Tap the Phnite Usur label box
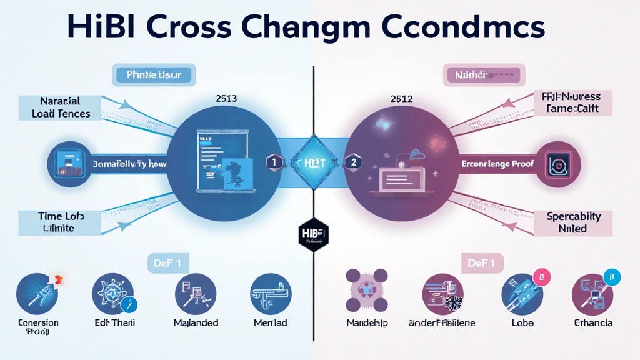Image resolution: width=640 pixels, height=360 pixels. click(154, 76)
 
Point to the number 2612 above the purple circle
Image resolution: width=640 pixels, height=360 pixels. click(402, 99)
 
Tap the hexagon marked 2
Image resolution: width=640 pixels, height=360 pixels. click(353, 162)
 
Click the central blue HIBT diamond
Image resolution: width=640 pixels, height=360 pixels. click(314, 162)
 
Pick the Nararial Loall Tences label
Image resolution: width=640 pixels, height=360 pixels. click(61, 107)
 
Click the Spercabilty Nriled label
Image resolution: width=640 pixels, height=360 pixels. click(573, 222)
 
